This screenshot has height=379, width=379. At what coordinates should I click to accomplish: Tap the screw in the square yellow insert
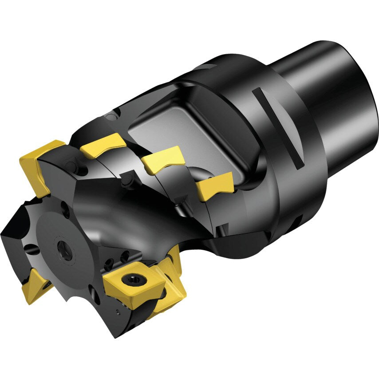132,278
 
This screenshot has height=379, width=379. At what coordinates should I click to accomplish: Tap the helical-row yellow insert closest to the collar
215,186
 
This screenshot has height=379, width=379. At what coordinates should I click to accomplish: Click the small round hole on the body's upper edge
111,116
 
